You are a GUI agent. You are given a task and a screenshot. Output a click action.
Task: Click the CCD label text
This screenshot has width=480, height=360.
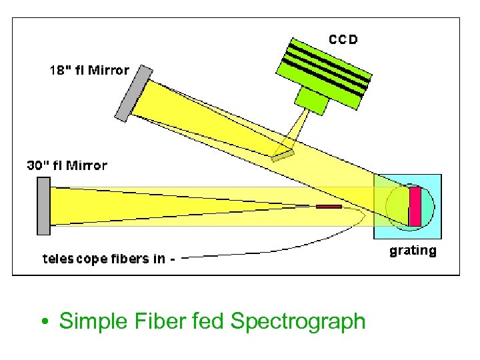[343, 39]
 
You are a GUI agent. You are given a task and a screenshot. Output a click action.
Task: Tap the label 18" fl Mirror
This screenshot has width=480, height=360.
[90, 70]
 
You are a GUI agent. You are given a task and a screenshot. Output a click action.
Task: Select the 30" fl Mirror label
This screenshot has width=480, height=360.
[67, 165]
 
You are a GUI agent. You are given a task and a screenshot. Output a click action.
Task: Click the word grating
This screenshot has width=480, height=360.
[413, 251]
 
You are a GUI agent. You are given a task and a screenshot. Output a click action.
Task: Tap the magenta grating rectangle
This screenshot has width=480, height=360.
[415, 206]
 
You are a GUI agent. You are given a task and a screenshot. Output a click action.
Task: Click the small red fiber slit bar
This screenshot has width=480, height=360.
[329, 207]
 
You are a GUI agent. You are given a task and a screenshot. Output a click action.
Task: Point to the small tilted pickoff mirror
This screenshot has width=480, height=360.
[283, 156]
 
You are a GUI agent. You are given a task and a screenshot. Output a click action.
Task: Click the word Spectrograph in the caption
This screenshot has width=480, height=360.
[297, 321]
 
